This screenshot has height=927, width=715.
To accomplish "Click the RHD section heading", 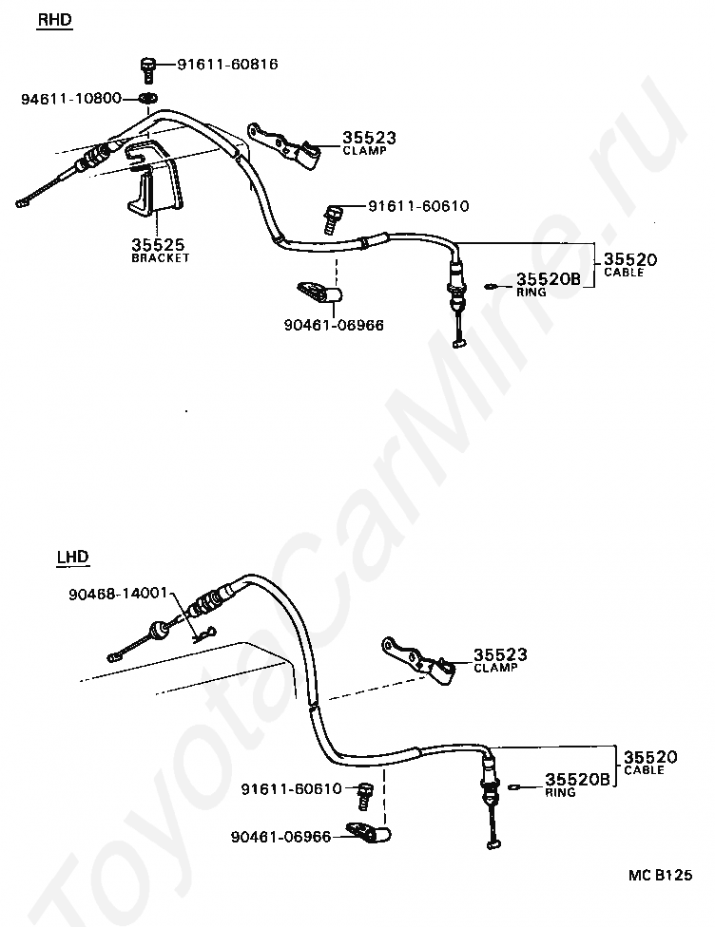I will [x=53, y=19].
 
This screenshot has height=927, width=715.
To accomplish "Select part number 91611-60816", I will [x=227, y=65].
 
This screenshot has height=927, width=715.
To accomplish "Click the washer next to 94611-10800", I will [x=148, y=99].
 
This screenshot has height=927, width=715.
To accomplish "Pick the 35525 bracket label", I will [x=159, y=245].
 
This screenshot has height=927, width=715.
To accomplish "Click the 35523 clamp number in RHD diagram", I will [x=368, y=139].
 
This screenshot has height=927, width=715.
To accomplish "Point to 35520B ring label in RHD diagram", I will [x=548, y=278].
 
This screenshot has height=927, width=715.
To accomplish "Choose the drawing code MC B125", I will [x=659, y=875].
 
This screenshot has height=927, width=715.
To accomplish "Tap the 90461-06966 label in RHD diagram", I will [x=333, y=325].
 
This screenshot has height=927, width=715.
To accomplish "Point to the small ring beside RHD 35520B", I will [x=490, y=283].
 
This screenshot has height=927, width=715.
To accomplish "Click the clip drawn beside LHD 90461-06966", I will [x=374, y=834].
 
